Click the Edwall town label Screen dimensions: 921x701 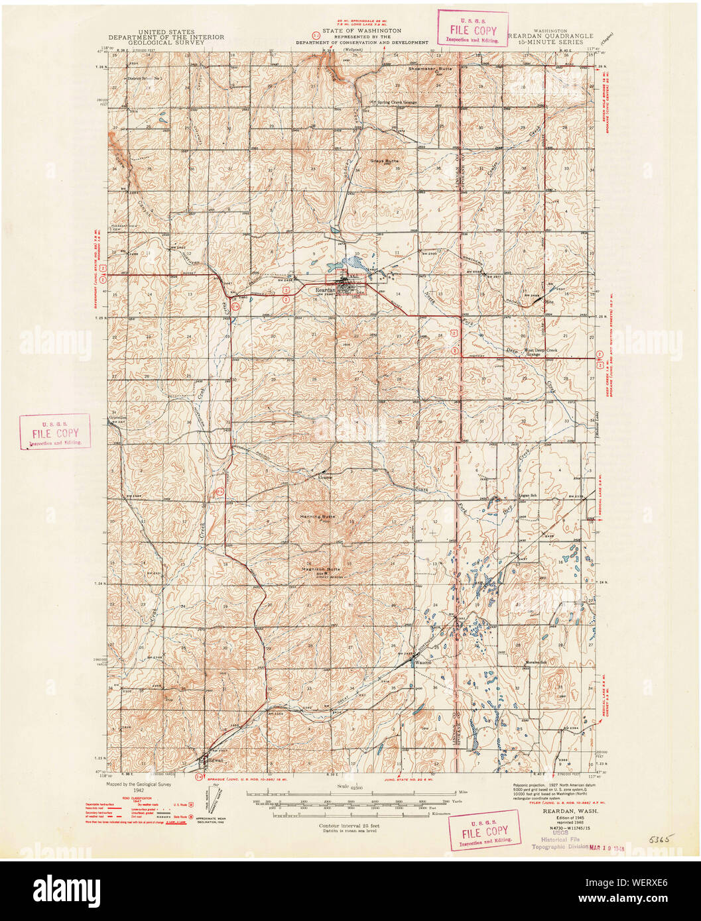[x=216, y=760]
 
